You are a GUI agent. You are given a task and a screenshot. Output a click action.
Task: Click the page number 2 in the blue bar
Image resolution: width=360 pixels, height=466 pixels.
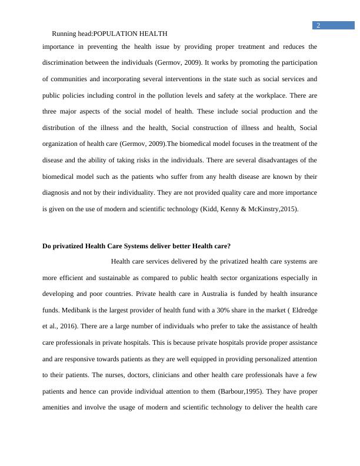coord(318,25)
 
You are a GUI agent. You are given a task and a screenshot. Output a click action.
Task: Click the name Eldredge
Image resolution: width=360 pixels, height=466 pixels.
coord(301,310)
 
